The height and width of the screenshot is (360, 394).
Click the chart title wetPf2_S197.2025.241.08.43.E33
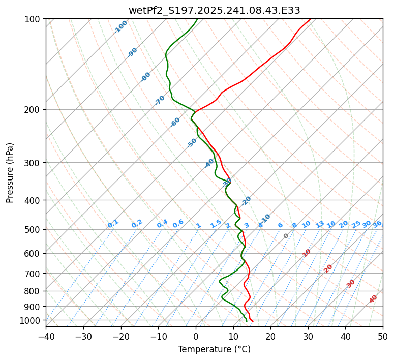tap(214, 10)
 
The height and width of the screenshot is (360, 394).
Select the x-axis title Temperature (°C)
tap(214, 349)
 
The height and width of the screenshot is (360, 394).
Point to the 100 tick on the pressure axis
tap(34, 19)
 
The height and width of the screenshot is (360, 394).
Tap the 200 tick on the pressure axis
tap(34, 110)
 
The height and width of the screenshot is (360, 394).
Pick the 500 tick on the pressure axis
tap(34, 230)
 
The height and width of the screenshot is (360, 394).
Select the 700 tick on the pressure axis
tap(34, 274)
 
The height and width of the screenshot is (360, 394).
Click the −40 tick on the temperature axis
tap(46, 336)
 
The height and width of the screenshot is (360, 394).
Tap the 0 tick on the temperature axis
tap(196, 336)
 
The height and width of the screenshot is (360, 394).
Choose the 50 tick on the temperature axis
tap(383, 336)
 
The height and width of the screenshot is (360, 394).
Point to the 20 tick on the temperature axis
tap(270, 336)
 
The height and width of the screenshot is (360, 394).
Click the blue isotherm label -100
tap(121, 27)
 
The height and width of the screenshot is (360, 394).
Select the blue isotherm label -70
tap(160, 100)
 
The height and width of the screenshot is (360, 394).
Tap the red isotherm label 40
tap(373, 299)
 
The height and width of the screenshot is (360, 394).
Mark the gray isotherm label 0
tap(286, 236)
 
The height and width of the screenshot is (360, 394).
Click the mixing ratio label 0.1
tap(113, 224)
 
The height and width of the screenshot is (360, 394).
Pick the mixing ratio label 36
tap(377, 224)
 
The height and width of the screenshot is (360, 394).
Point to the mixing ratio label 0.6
tap(178, 224)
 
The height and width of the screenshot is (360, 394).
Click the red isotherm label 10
tap(307, 253)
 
